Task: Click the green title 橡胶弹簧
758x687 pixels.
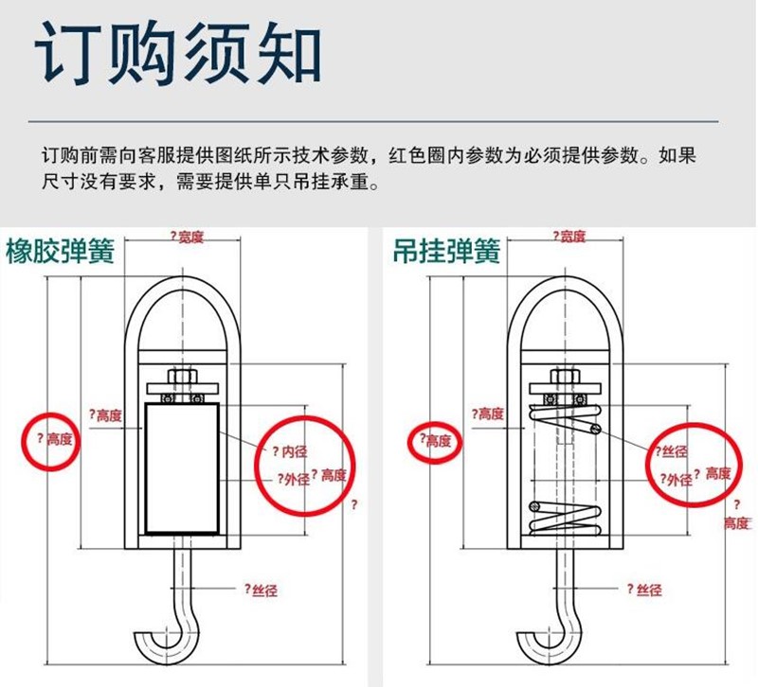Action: pyautogui.click(x=60, y=252)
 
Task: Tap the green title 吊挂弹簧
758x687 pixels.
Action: pyautogui.click(x=446, y=252)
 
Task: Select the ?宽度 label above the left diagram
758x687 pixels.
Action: pyautogui.click(x=187, y=237)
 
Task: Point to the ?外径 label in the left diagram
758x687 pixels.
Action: pyautogui.click(x=292, y=479)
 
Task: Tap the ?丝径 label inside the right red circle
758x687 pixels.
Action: pyautogui.click(x=669, y=452)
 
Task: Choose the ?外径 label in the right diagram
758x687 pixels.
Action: pyautogui.click(x=675, y=480)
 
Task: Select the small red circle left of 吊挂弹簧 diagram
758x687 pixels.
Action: pyautogui.click(x=434, y=440)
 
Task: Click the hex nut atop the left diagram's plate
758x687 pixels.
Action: pyautogui.click(x=183, y=378)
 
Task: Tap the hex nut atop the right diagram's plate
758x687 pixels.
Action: pyautogui.click(x=565, y=378)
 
